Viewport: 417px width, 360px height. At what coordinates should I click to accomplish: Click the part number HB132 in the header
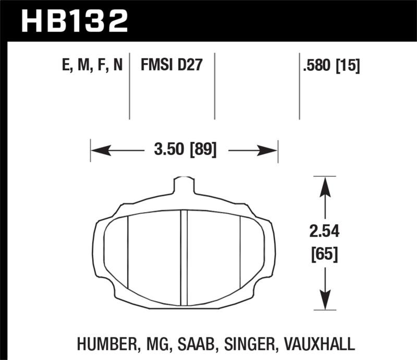tap(74, 21)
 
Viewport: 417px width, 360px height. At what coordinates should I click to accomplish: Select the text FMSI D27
tap(171, 66)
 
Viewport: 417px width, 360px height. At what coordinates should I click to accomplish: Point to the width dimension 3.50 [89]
tap(185, 151)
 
